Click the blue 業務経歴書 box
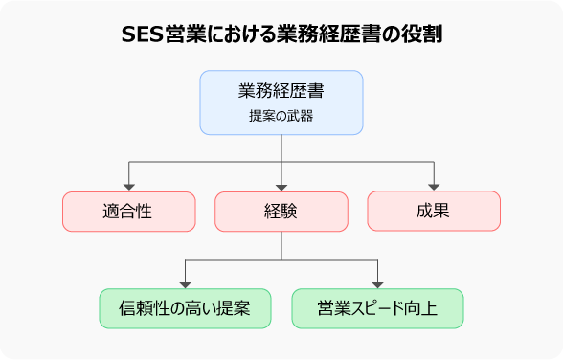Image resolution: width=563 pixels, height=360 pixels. click(x=281, y=101)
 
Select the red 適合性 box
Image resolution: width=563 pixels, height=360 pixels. click(x=128, y=212)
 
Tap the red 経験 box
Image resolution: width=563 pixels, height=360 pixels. click(x=281, y=212)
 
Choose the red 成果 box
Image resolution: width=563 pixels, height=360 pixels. click(x=434, y=212)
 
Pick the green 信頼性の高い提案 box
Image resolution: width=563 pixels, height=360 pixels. click(x=185, y=308)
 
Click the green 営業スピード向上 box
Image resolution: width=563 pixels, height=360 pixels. click(x=377, y=308)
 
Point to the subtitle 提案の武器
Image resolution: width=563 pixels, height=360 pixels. click(x=281, y=115)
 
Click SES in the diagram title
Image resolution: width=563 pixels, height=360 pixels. click(x=143, y=35)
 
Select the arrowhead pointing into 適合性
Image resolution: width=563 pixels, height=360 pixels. click(x=128, y=187)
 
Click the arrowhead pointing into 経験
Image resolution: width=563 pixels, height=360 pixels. click(x=281, y=187)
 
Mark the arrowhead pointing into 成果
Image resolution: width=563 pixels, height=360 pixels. click(x=434, y=187)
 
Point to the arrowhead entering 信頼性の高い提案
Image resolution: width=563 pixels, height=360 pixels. click(x=185, y=283)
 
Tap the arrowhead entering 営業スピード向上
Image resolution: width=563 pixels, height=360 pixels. click(x=377, y=283)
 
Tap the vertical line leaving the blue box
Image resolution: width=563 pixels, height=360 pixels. click(x=281, y=148)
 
